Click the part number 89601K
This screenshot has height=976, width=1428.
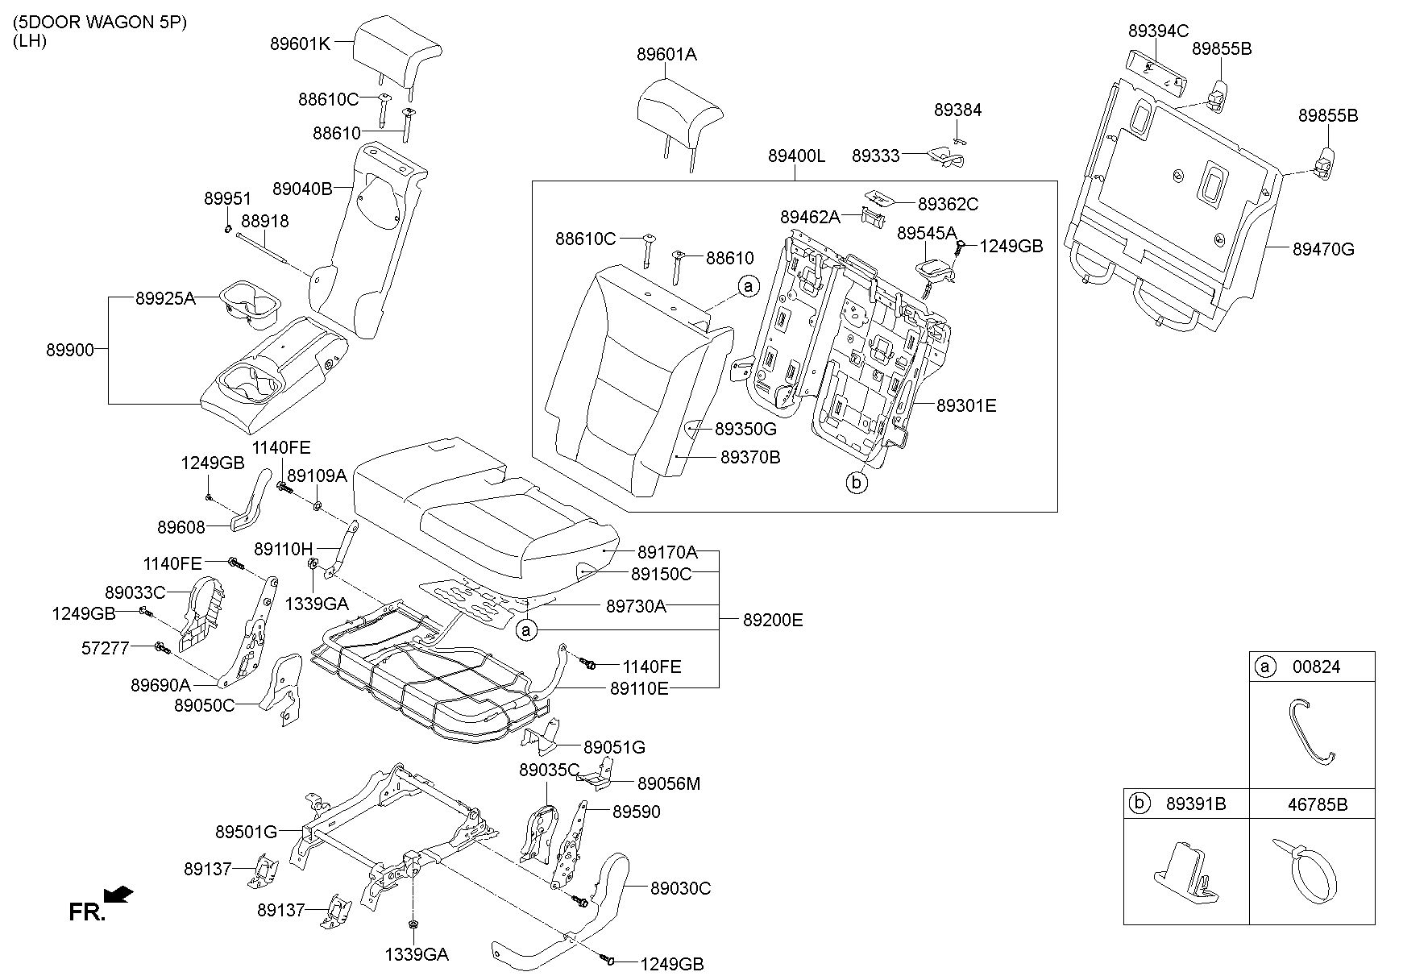300,44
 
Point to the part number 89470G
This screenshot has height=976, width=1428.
1323,249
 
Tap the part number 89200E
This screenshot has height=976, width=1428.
773,620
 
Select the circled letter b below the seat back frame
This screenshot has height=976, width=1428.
856,484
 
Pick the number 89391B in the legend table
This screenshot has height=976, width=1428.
1196,804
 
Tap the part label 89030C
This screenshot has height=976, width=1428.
680,888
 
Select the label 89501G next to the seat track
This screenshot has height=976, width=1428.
246,831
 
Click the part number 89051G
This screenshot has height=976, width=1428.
614,748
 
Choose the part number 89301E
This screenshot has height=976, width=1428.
966,405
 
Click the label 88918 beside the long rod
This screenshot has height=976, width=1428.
264,221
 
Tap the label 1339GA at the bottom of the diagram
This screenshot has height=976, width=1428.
416,955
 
